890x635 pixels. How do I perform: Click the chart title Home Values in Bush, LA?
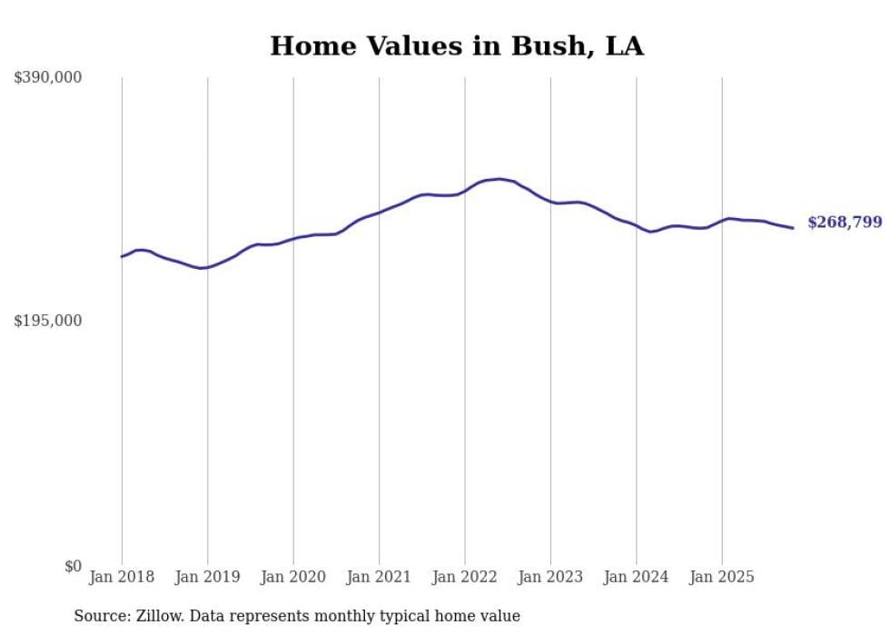coord(457,46)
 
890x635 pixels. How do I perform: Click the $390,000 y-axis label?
coord(48,78)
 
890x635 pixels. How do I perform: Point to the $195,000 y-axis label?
coord(48,321)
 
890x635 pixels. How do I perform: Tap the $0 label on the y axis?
coord(73,566)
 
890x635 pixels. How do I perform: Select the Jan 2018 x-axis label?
coord(122,577)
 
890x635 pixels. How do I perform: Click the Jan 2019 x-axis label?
coord(207,577)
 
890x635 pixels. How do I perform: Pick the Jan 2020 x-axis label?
coord(293,577)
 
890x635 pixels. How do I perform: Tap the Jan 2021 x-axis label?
coord(379,577)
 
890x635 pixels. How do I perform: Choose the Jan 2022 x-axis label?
coord(465,577)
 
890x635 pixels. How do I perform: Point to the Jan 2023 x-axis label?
coord(550,577)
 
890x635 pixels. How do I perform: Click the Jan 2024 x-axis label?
coord(637,577)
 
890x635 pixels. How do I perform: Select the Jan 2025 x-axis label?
coord(722,577)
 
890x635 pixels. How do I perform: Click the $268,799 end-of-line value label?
coord(844,223)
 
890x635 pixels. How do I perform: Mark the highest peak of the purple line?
coord(499,179)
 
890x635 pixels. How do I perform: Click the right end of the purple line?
coord(793,228)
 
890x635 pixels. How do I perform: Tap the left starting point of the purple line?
coord(122,257)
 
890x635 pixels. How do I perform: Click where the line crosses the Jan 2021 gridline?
coord(379,213)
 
